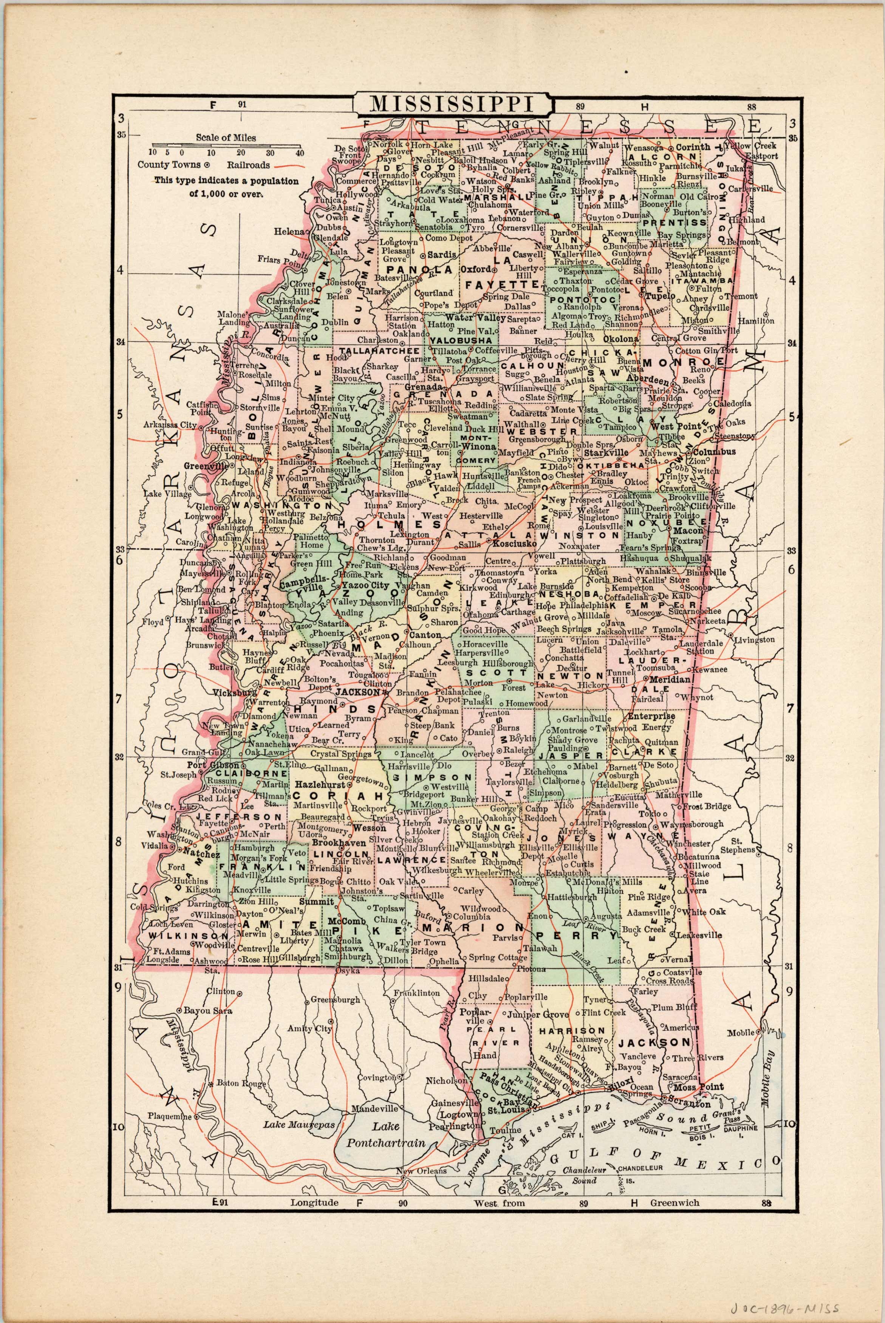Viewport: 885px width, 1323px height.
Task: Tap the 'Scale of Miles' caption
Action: tap(226, 137)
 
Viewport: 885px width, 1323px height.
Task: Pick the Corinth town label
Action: tap(693, 147)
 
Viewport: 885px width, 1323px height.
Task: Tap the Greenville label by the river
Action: tap(205, 467)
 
